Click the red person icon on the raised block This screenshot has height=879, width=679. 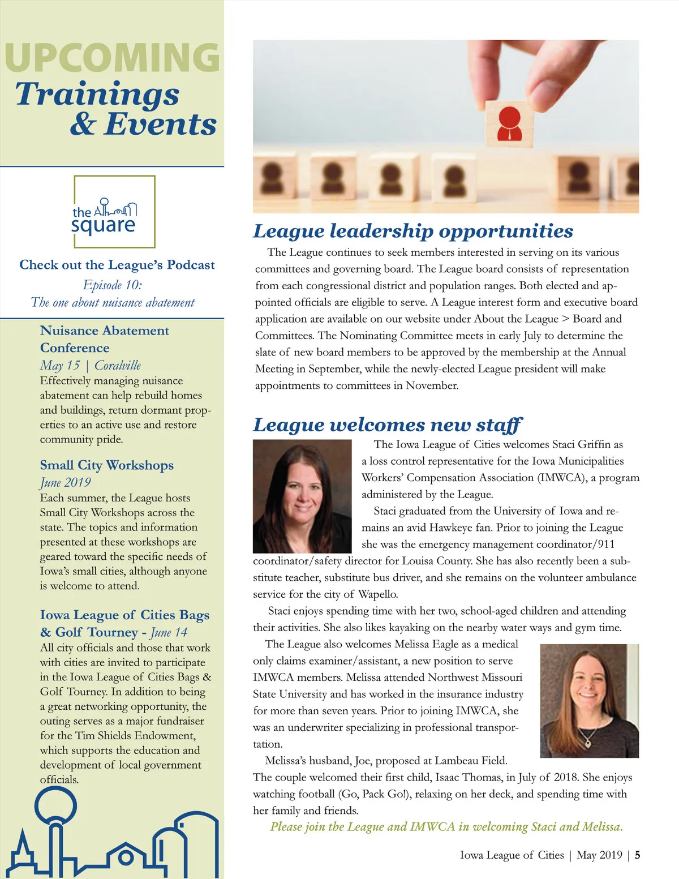click(508, 123)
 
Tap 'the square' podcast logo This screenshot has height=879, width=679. click(114, 212)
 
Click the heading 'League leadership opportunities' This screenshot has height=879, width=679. click(413, 231)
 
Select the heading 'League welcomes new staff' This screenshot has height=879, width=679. click(387, 425)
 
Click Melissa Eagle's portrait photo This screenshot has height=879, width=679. click(589, 700)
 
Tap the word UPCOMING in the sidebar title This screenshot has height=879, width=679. click(111, 57)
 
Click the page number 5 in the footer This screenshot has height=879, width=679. click(637, 855)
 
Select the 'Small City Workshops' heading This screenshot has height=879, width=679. click(107, 465)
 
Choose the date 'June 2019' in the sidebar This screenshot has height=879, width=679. click(65, 482)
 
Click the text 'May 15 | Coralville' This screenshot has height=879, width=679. click(91, 365)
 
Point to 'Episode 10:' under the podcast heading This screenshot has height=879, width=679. click(113, 284)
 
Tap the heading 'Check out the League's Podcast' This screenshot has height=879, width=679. click(117, 265)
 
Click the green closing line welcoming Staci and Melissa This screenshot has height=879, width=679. click(446, 826)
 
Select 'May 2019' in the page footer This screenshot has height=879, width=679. click(599, 855)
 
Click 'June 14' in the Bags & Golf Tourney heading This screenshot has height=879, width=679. click(169, 632)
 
